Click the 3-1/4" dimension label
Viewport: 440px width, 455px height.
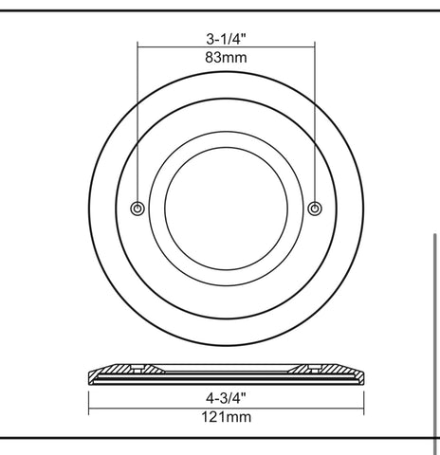pos(226,39)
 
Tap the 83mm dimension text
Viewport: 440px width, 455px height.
pos(226,58)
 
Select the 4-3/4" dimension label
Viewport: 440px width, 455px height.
pos(226,398)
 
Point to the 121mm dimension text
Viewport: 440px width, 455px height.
pos(227,417)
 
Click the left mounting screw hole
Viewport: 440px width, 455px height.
pos(137,209)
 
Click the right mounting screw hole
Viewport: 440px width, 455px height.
pos(315,209)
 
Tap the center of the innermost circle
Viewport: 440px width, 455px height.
pos(227,209)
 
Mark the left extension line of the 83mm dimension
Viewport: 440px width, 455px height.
pos(137,123)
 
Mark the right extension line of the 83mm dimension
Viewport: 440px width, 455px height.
pos(315,123)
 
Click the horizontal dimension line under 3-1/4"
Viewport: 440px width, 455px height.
pos(226,47)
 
